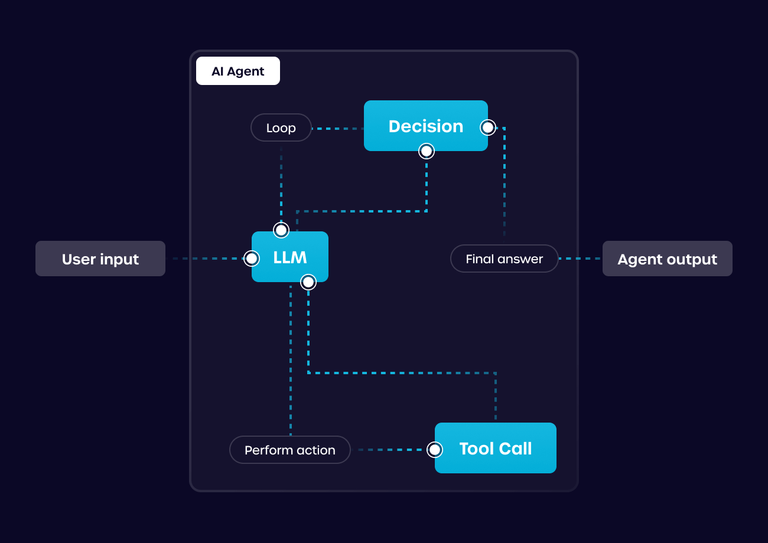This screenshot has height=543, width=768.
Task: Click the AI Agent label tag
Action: tap(237, 71)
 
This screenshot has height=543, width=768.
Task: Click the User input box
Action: tap(100, 259)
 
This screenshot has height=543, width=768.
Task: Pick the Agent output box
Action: tap(667, 259)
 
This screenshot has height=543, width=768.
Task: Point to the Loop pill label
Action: tap(281, 127)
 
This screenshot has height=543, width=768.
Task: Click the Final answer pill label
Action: tap(504, 259)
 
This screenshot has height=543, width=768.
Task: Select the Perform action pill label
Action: tap(289, 450)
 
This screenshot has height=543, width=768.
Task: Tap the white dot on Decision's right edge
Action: tap(488, 127)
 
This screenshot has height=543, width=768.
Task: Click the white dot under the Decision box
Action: tap(426, 151)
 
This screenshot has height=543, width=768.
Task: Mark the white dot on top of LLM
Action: tap(281, 230)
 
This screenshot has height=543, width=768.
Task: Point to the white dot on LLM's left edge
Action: tap(252, 259)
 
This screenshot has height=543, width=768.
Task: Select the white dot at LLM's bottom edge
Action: tap(308, 282)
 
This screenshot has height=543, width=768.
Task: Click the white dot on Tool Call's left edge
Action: tap(435, 450)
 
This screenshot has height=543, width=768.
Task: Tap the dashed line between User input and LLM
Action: tap(207, 259)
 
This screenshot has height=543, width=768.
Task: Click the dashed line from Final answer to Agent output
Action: tap(580, 259)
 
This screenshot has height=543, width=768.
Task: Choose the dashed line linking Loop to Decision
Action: tap(337, 128)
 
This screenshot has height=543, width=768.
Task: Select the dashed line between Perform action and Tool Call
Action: tap(390, 450)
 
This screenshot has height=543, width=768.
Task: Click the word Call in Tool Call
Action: tap(516, 449)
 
